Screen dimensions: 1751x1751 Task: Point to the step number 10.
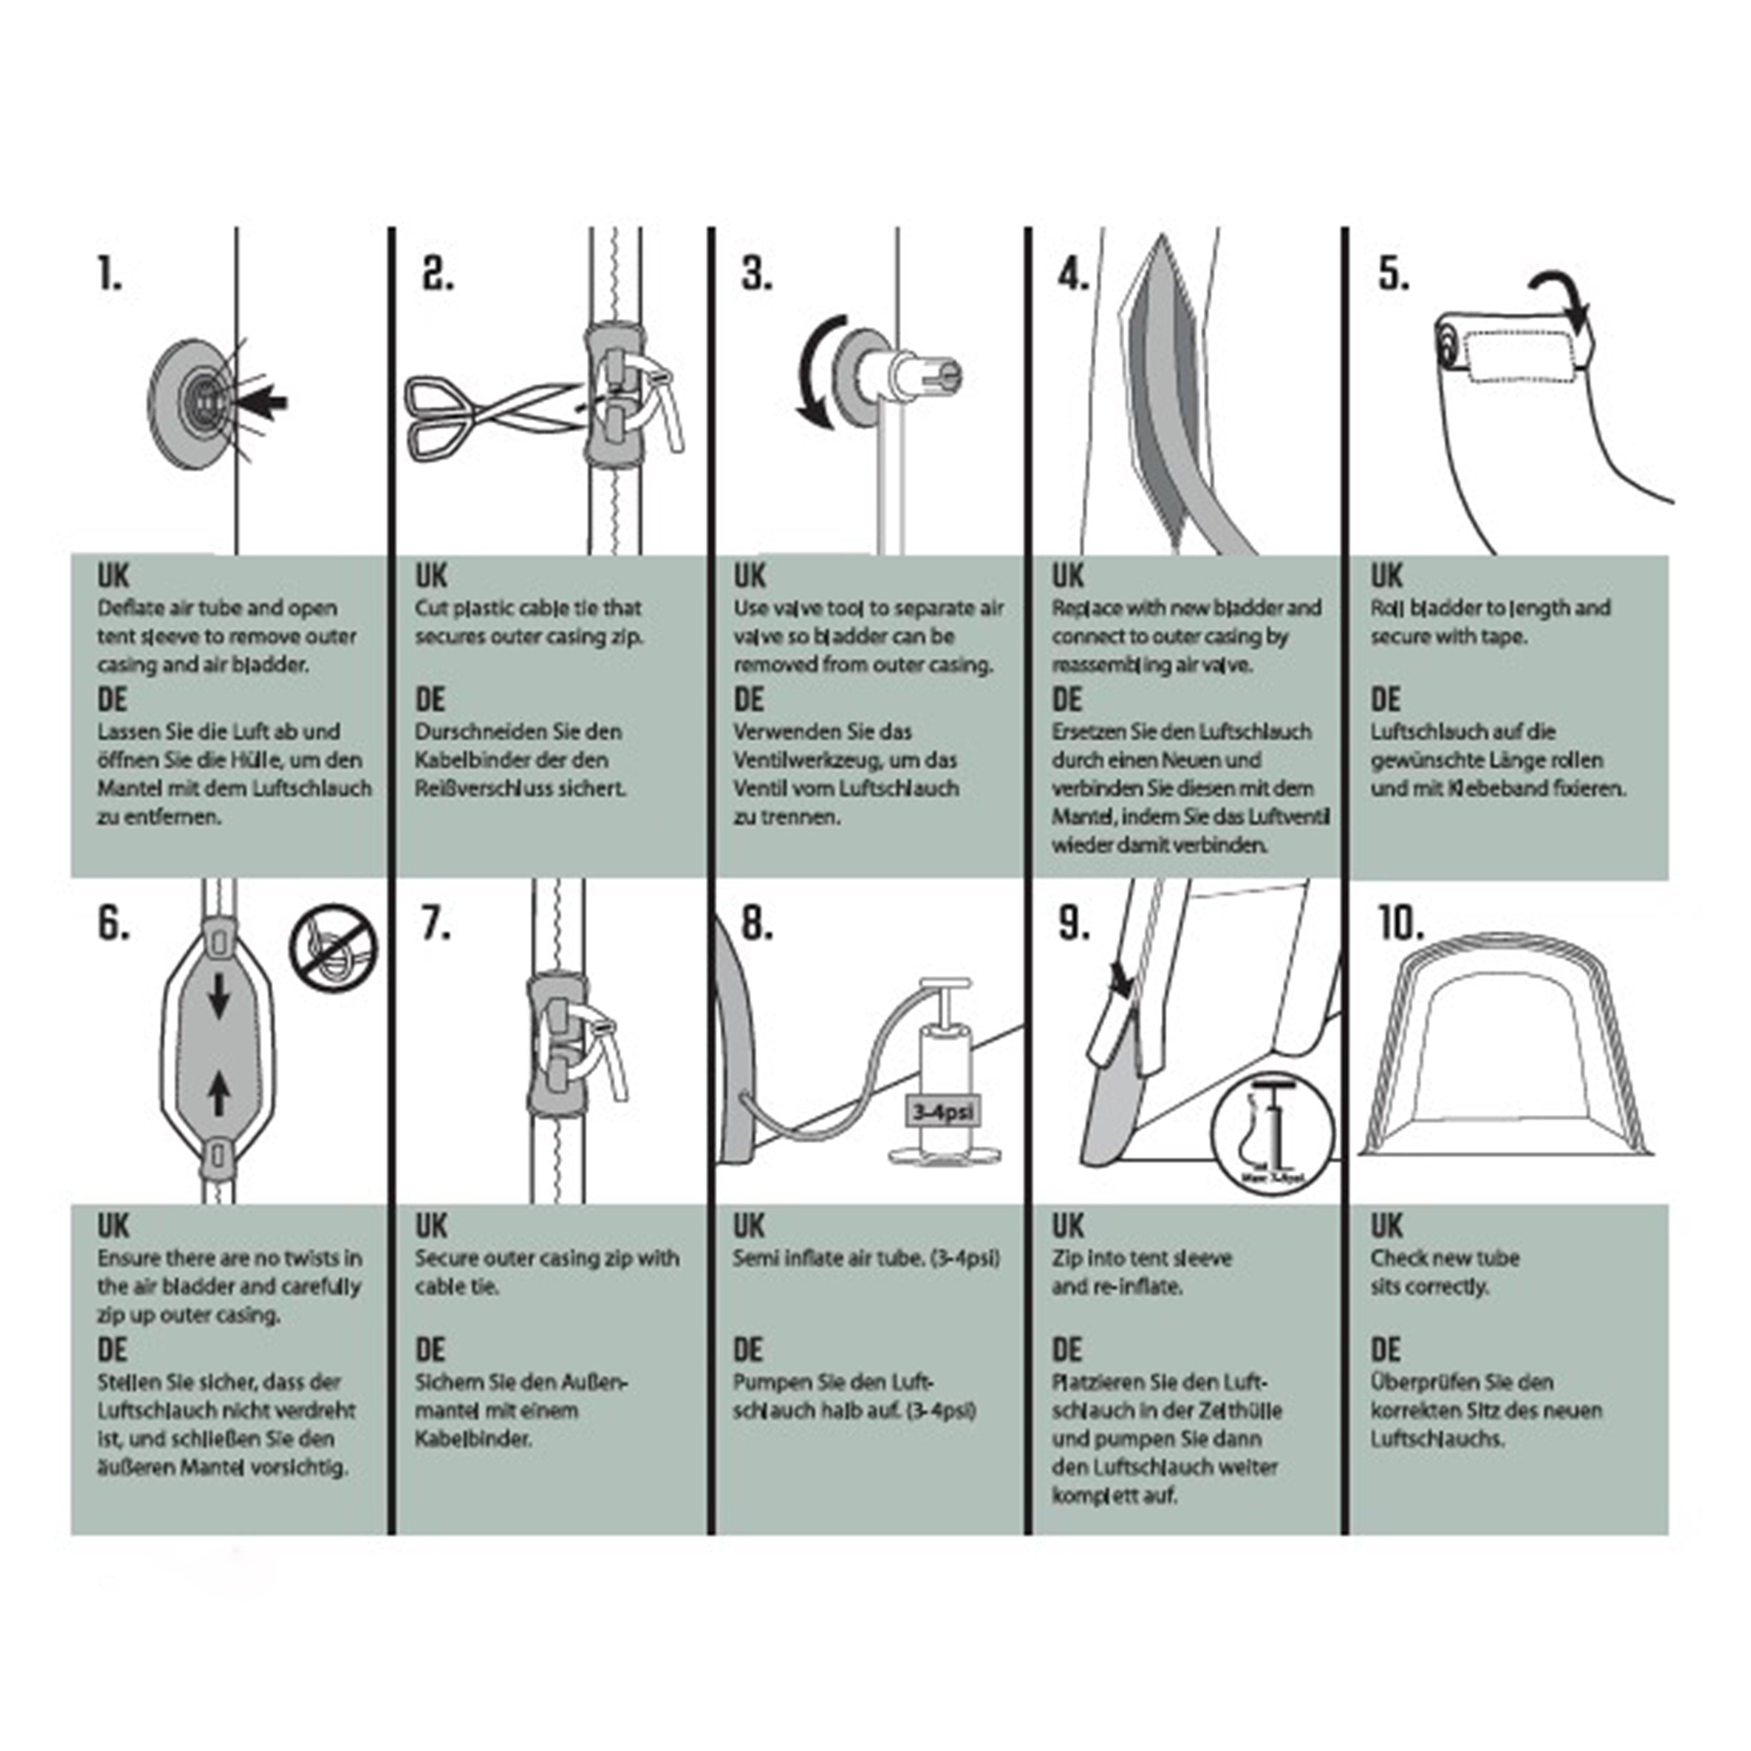(1400, 925)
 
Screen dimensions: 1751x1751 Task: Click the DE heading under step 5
(1385, 700)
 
